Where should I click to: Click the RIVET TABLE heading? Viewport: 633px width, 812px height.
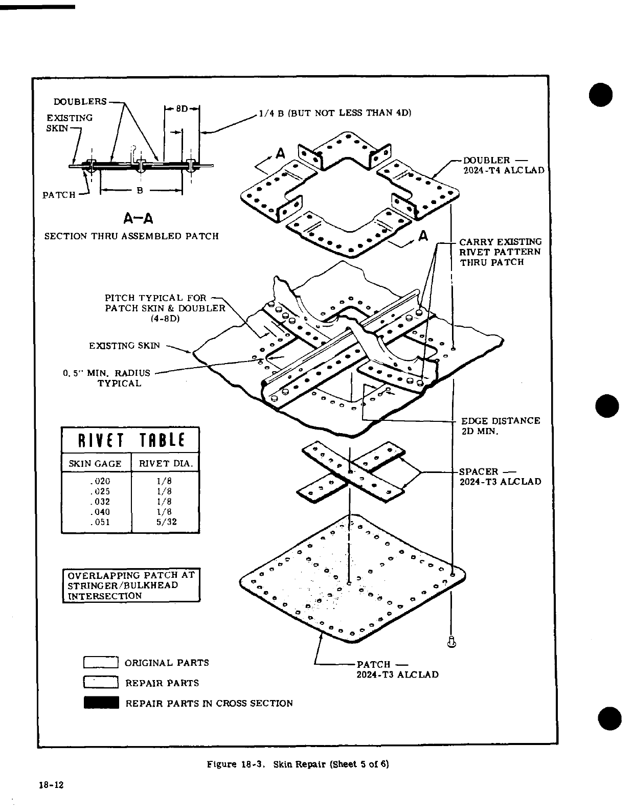pyautogui.click(x=130, y=440)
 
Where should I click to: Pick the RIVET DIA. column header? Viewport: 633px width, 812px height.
pyautogui.click(x=166, y=464)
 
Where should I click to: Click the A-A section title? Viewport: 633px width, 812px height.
pyautogui.click(x=139, y=219)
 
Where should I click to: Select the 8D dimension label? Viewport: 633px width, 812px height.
pyautogui.click(x=183, y=108)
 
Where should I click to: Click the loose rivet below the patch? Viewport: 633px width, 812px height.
pyautogui.click(x=451, y=641)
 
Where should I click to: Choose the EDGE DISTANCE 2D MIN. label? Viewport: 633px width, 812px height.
pyautogui.click(x=500, y=426)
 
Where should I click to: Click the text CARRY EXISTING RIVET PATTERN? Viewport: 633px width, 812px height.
pyautogui.click(x=500, y=252)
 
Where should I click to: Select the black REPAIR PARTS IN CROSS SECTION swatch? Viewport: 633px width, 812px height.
pyautogui.click(x=101, y=703)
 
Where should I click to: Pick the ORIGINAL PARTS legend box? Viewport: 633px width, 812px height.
pyautogui.click(x=101, y=663)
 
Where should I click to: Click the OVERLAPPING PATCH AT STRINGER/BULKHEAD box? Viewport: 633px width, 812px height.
pyautogui.click(x=131, y=585)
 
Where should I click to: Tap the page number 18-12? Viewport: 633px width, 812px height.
pyautogui.click(x=51, y=799)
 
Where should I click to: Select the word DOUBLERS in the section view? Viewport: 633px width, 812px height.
pyautogui.click(x=80, y=101)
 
